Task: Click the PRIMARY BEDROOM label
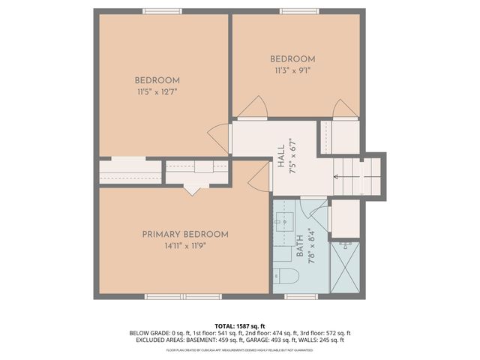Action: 185,234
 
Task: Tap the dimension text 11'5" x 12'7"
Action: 157,91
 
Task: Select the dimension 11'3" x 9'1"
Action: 292,70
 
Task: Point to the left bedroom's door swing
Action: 220,137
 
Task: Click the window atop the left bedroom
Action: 163,10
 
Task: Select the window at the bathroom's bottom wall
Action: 301,297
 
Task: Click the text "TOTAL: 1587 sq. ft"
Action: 240,325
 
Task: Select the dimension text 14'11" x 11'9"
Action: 185,244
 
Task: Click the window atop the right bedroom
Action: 297,10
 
